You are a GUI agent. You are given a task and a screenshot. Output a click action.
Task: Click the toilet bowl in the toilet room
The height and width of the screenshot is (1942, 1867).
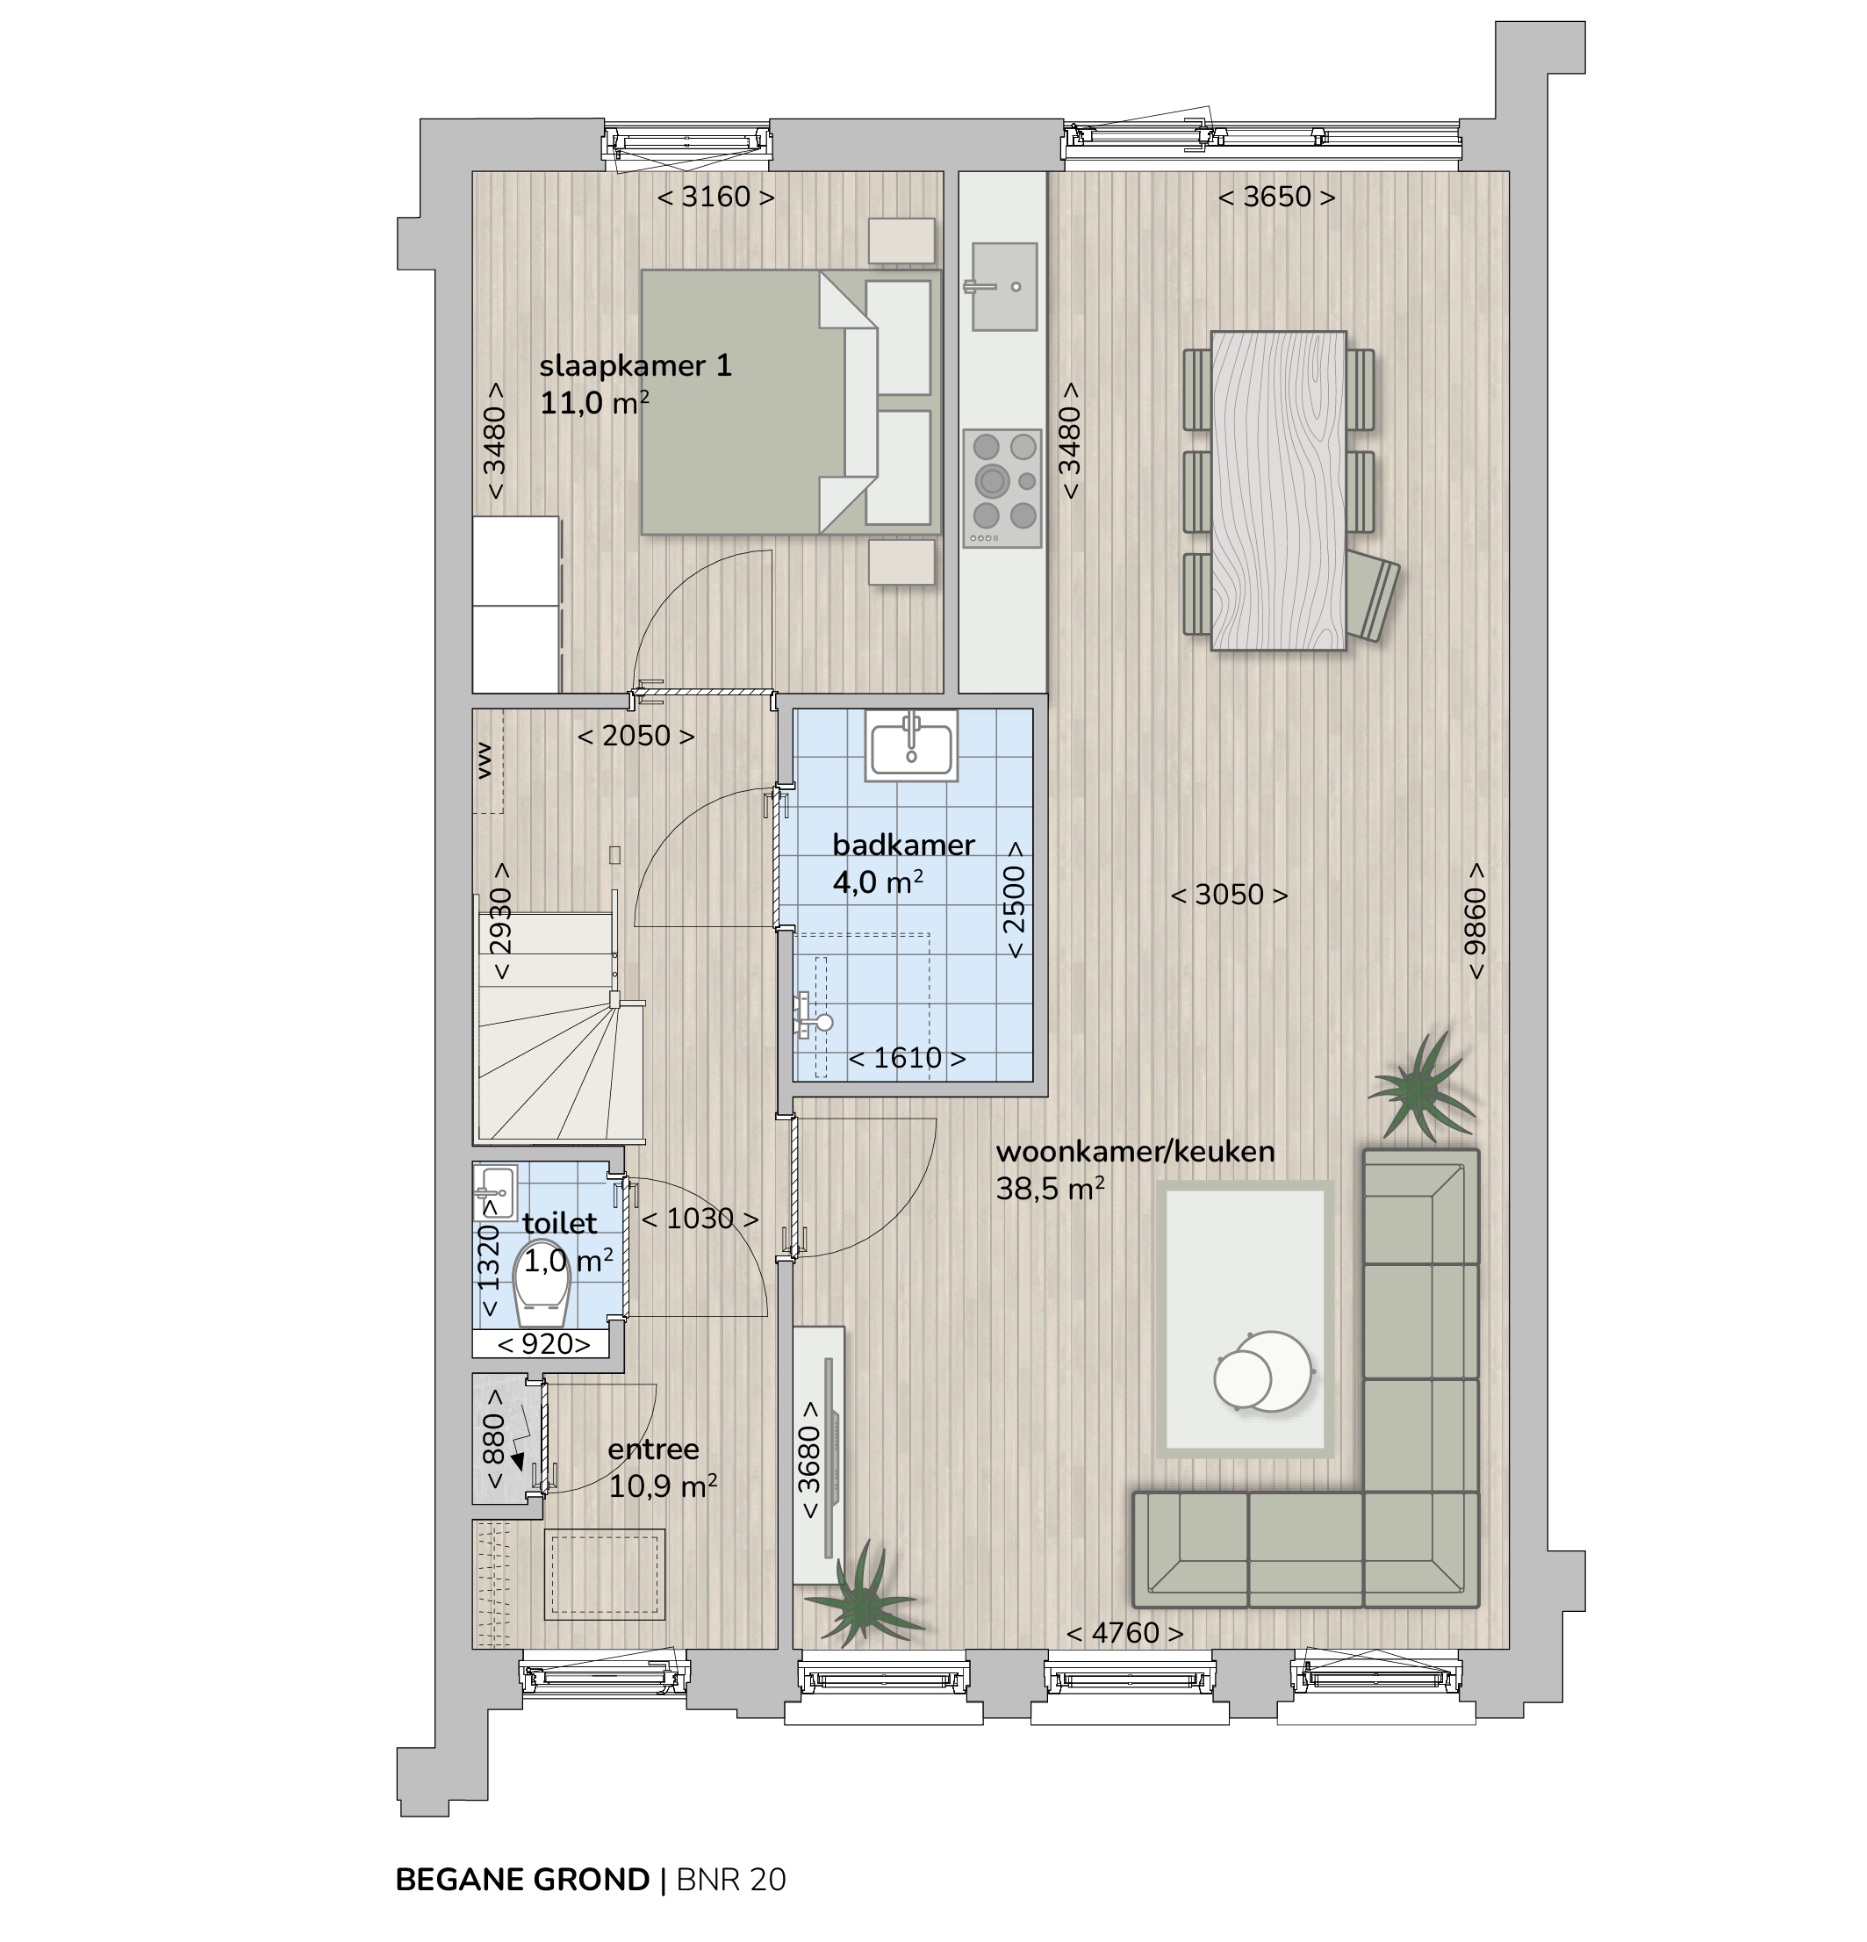542,1284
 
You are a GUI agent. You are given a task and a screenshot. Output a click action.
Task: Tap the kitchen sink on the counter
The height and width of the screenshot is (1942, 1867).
1003,286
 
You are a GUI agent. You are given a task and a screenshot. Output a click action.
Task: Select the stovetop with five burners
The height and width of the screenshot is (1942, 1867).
1002,488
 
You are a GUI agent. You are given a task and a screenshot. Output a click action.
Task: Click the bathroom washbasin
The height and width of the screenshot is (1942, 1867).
911,746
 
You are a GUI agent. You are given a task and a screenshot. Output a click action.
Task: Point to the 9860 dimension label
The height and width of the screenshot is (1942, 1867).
1476,920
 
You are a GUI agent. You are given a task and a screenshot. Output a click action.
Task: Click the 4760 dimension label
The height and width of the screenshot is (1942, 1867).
1125,1632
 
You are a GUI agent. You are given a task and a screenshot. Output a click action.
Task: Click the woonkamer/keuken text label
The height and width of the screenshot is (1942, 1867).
1135,1151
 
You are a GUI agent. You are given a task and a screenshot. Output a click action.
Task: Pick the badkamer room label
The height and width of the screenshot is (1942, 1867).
903,845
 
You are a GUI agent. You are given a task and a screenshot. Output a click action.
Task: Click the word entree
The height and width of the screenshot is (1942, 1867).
654,1449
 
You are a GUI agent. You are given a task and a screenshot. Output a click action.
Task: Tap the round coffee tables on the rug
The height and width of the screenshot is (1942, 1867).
1263,1371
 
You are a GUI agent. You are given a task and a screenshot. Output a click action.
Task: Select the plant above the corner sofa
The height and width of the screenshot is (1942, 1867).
1421,1088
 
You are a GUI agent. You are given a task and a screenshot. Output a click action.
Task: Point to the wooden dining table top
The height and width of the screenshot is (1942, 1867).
1279,491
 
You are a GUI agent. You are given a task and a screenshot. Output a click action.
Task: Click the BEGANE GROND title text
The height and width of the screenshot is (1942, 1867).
522,1880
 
